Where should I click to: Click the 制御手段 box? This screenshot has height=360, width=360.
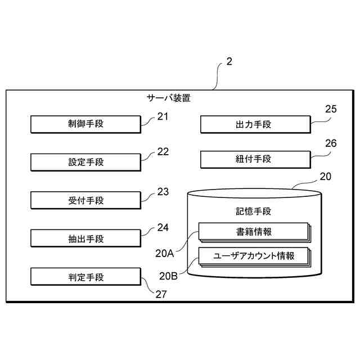[85, 124]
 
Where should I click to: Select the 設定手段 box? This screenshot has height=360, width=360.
[85, 163]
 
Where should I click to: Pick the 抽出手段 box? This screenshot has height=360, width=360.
[85, 238]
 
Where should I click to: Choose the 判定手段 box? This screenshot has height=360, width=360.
[85, 277]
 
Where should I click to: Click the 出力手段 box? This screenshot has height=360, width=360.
[255, 124]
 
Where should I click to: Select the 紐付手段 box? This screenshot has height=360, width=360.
[255, 159]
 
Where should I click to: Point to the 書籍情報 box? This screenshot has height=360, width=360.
[253, 232]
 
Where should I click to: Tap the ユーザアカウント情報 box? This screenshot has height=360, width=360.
[253, 256]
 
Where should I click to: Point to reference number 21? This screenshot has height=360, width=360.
[163, 117]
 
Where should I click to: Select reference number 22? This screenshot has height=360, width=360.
[163, 152]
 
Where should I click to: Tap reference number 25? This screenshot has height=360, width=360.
[331, 110]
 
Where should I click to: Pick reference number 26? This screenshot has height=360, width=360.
[331, 143]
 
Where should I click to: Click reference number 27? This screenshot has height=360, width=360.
[161, 294]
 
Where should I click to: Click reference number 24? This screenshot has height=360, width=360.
[163, 228]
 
